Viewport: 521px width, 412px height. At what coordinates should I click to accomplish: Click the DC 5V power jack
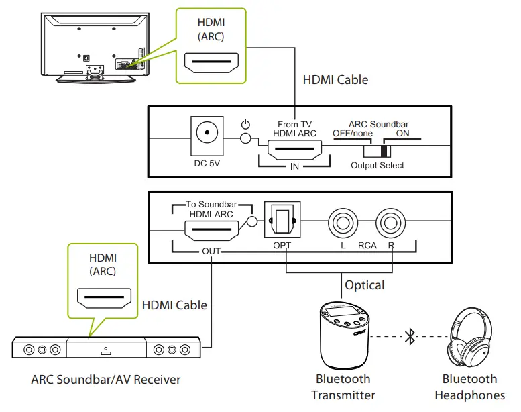(207, 132)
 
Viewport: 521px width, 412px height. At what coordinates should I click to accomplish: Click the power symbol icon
(245, 125)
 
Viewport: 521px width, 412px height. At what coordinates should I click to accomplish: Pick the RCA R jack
(391, 222)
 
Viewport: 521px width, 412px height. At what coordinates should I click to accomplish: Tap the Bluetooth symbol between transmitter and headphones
(410, 338)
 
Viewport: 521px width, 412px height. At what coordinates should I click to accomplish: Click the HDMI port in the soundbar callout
(103, 298)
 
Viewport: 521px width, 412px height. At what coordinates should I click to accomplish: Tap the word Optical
(364, 285)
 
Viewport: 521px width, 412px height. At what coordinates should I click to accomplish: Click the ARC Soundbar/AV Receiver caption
(106, 380)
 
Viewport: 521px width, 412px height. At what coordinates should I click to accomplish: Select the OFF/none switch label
(353, 133)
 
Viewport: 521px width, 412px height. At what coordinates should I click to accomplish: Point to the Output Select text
(378, 165)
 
